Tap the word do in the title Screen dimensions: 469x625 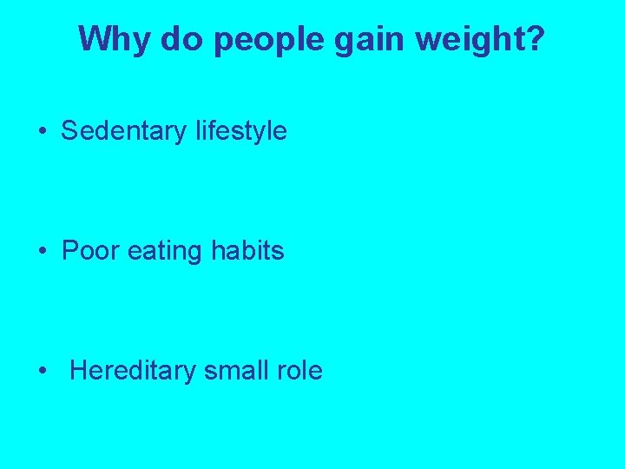179,39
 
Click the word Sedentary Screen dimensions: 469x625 123,131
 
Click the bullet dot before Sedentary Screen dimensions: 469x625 43,132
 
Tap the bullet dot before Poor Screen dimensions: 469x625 43,252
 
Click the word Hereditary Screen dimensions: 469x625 133,372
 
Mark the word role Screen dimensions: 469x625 300,371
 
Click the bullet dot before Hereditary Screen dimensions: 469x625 43,372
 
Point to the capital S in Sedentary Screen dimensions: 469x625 69,131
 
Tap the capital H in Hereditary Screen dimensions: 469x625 77,371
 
